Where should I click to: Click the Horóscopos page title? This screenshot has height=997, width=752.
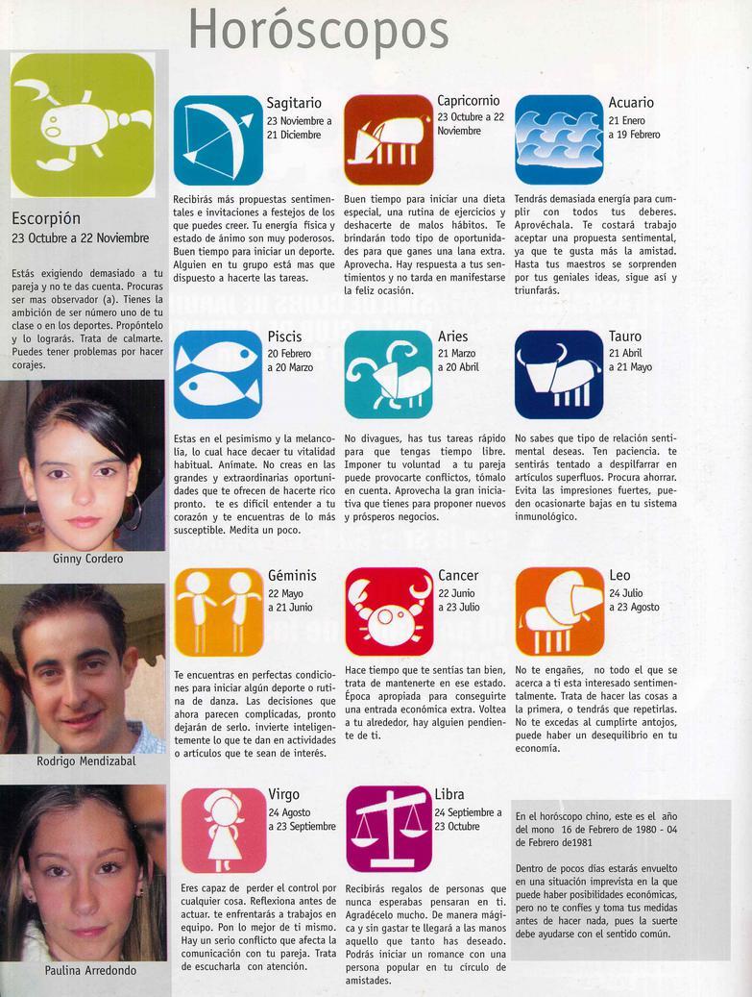coord(318,29)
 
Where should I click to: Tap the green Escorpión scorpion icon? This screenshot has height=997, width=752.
coord(83,124)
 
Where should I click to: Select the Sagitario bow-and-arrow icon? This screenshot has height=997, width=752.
coord(218,139)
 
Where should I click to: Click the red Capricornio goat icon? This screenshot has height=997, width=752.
coord(388,139)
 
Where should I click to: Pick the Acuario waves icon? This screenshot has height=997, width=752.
coord(559,139)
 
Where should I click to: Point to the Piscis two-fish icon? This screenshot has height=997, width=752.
coord(218,374)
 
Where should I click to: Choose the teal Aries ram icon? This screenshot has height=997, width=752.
coord(388,374)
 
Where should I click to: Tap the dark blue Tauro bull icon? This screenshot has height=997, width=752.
coord(559,374)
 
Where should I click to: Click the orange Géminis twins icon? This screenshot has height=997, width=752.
coord(218,611)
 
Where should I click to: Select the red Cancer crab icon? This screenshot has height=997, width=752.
coord(388,611)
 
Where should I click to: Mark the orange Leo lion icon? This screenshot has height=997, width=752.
coord(559,611)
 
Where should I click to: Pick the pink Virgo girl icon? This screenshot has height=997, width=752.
coord(223,830)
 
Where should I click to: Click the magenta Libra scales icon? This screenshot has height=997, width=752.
coord(388,830)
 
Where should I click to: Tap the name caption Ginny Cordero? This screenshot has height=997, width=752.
coord(86,559)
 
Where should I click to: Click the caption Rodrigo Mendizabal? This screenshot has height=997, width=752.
coord(86,760)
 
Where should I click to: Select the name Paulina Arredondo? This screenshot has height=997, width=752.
coord(90,970)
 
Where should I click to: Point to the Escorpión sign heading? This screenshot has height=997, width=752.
coord(46,218)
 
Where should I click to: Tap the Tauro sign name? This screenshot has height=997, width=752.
coord(625,336)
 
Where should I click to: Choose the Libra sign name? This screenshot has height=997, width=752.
coord(449,794)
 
